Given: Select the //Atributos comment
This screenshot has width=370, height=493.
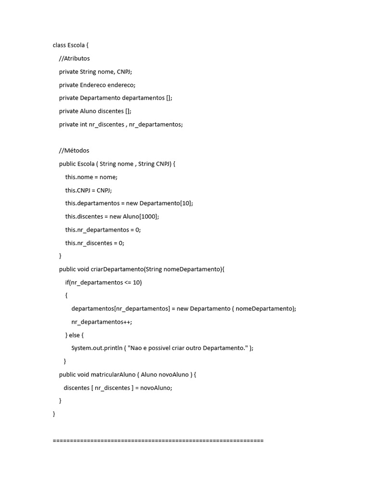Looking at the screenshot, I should [x=74, y=58].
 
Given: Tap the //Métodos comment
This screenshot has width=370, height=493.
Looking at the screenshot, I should [x=74, y=151].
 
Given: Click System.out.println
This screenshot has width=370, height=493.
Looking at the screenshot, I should [x=97, y=348].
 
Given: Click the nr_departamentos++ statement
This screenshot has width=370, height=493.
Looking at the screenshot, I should [x=102, y=322].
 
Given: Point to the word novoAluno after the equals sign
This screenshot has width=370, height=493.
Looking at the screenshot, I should [x=156, y=388].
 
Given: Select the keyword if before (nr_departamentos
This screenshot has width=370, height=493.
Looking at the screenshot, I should [x=67, y=283].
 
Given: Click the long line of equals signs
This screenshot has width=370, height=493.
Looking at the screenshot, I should [x=158, y=441].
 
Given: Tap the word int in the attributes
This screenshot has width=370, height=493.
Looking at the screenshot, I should [x=84, y=124].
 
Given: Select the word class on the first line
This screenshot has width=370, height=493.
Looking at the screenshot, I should [x=59, y=45].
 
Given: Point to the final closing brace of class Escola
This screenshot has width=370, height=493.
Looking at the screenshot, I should [x=54, y=414].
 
